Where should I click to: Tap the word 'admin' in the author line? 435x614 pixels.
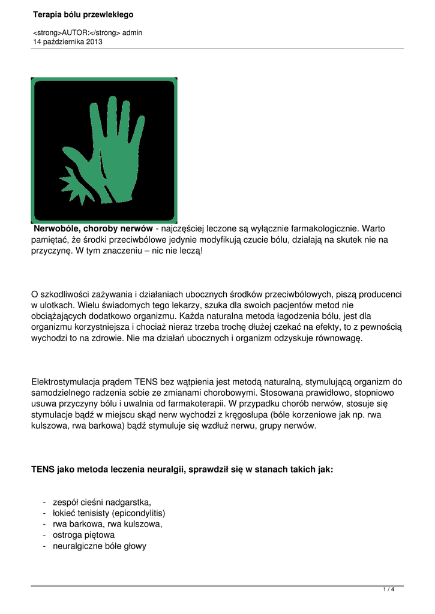click(x=132, y=33)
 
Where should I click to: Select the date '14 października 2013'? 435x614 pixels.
click(x=68, y=42)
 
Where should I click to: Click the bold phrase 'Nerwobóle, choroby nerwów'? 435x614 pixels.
click(x=93, y=228)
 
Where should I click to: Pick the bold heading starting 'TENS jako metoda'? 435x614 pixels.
click(x=182, y=469)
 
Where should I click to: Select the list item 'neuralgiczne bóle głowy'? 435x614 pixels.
click(x=100, y=546)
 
